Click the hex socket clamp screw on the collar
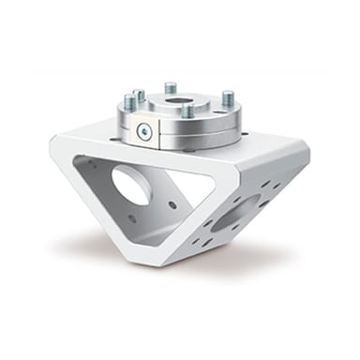[x=143, y=132]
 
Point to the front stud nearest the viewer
[x=187, y=111]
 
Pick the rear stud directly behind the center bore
[x=171, y=88]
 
